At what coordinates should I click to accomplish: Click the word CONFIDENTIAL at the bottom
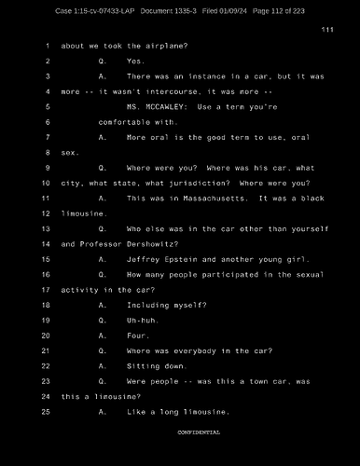pyautogui.click(x=199, y=432)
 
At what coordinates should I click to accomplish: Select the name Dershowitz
pyautogui.click(x=159, y=243)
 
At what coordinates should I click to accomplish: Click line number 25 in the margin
pyautogui.click(x=46, y=411)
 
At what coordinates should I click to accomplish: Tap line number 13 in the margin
pyautogui.click(x=46, y=228)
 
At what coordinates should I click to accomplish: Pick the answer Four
pyautogui.click(x=137, y=335)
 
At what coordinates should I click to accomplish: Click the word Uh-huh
pyautogui.click(x=143, y=320)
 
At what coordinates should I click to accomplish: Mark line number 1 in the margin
pyautogui.click(x=47, y=46)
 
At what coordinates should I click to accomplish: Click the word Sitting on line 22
pyautogui.click(x=145, y=365)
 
